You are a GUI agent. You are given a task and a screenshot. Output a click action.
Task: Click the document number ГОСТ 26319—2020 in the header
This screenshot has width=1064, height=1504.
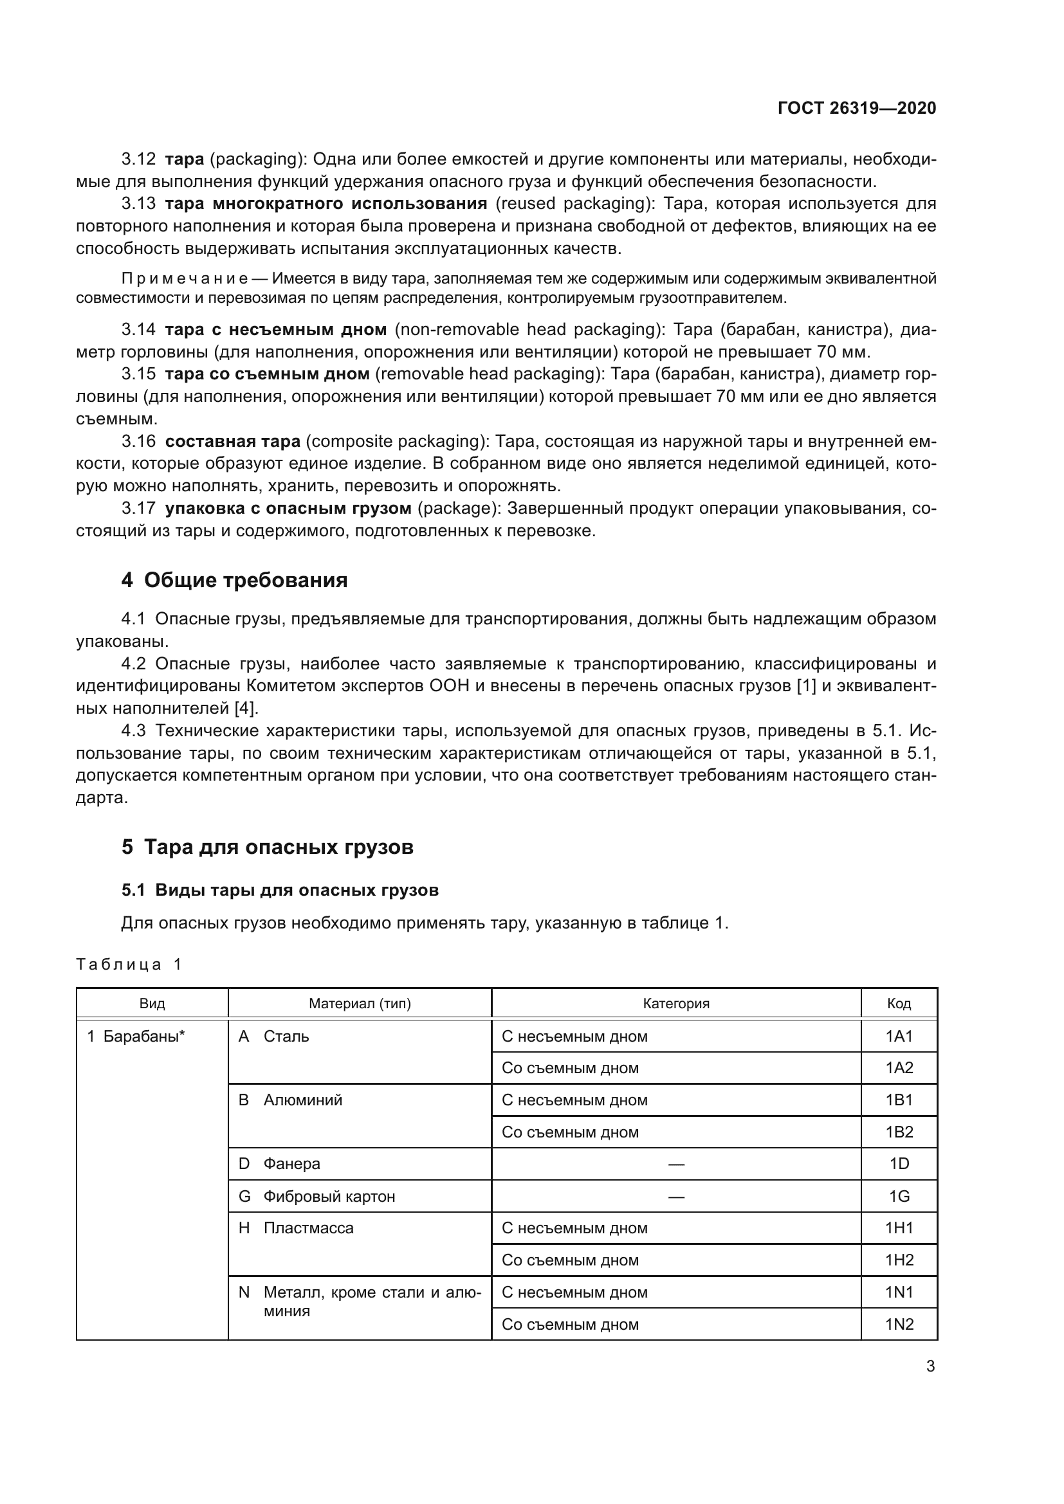pyautogui.click(x=856, y=108)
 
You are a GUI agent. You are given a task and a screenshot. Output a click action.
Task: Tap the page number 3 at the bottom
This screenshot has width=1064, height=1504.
pyautogui.click(x=930, y=1366)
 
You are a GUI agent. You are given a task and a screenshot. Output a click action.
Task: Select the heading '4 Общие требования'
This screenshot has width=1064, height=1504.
pyautogui.click(x=235, y=581)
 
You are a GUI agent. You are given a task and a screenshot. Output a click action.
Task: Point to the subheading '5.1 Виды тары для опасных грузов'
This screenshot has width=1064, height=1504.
pyautogui.click(x=280, y=890)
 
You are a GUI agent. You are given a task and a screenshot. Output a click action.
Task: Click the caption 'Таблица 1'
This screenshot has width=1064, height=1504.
pyautogui.click(x=129, y=965)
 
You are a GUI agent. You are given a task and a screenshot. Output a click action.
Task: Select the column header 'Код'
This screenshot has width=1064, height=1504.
pyautogui.click(x=899, y=1004)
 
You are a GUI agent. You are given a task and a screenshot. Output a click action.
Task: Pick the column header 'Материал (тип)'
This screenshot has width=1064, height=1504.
pyautogui.click(x=360, y=1004)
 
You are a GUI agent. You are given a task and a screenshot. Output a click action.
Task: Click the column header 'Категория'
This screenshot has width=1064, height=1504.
pyautogui.click(x=675, y=1004)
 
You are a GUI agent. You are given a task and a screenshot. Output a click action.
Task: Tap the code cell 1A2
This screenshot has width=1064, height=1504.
pyautogui.click(x=899, y=1068)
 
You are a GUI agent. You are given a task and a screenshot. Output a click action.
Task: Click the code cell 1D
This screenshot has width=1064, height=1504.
pyautogui.click(x=899, y=1164)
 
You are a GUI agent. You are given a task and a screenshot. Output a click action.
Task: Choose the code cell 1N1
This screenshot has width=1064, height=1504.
pyautogui.click(x=899, y=1292)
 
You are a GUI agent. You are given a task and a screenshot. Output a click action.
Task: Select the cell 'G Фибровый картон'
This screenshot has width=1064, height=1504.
pyautogui.click(x=317, y=1197)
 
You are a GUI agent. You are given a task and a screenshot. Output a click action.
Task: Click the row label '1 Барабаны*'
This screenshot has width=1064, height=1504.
pyautogui.click(x=136, y=1037)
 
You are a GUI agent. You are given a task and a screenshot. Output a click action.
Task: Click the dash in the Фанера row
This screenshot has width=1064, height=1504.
pyautogui.click(x=675, y=1164)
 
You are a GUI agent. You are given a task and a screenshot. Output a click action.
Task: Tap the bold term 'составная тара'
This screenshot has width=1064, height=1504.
pyautogui.click(x=233, y=442)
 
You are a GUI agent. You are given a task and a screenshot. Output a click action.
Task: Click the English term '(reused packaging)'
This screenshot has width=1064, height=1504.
pyautogui.click(x=574, y=204)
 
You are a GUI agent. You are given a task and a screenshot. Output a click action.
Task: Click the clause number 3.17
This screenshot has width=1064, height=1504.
pyautogui.click(x=138, y=509)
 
